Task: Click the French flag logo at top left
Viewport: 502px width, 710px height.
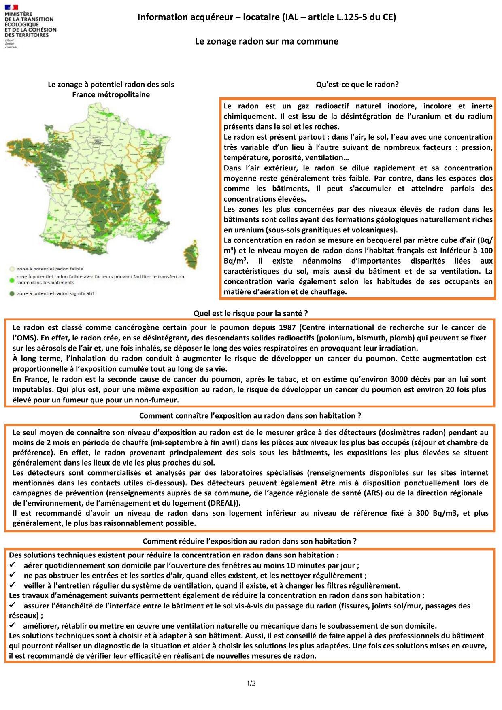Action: (x=12, y=7)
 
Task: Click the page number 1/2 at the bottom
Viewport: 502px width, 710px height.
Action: (x=251, y=684)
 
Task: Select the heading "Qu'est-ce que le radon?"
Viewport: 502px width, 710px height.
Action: (x=357, y=85)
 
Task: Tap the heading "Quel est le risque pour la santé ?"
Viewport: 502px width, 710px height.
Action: (x=251, y=313)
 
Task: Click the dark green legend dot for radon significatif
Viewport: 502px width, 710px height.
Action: (x=12, y=293)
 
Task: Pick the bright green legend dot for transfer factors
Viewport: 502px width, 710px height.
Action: (x=12, y=279)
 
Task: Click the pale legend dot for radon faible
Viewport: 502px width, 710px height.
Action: (x=12, y=268)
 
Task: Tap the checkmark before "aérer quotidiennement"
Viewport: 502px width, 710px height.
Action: (x=13, y=565)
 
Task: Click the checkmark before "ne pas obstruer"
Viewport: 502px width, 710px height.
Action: (x=13, y=575)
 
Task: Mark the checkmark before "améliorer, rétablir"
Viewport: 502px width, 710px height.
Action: (x=13, y=625)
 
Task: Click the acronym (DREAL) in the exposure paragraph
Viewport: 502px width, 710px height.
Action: (x=224, y=503)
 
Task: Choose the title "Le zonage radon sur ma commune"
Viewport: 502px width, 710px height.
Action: (x=267, y=41)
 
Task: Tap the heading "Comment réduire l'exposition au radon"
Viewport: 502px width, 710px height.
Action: (x=250, y=541)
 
